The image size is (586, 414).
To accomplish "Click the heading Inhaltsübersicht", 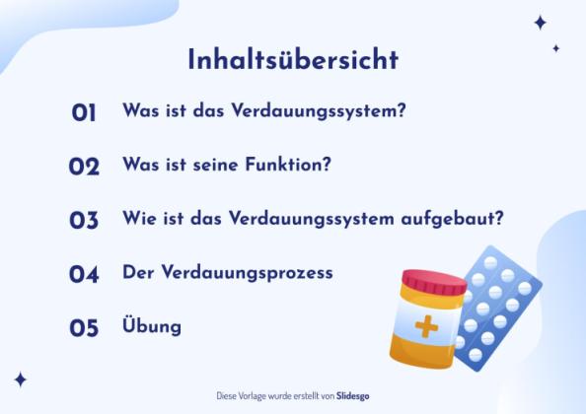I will pyautogui.click(x=293, y=59).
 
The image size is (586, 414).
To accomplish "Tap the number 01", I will pyautogui.click(x=84, y=113).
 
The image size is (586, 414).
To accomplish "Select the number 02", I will pyautogui.click(x=84, y=167).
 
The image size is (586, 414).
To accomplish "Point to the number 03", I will pyautogui.click(x=84, y=220).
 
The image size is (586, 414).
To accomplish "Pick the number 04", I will pyautogui.click(x=84, y=274).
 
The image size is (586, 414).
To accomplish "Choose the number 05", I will pyautogui.click(x=84, y=327).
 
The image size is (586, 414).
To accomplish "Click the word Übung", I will pyautogui.click(x=151, y=324).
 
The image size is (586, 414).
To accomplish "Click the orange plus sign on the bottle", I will pyautogui.click(x=426, y=326).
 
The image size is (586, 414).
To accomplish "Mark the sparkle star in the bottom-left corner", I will pyautogui.click(x=20, y=379).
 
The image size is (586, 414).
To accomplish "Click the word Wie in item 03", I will pyautogui.click(x=138, y=218).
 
